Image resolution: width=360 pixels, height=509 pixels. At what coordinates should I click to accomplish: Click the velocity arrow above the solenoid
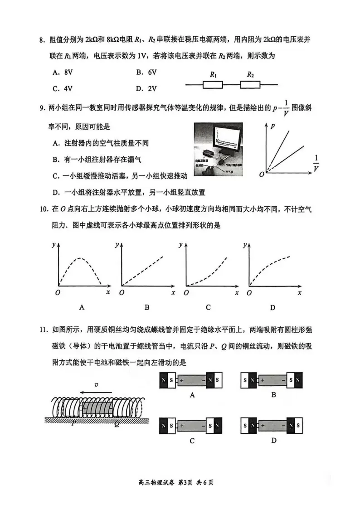[x=96, y=392]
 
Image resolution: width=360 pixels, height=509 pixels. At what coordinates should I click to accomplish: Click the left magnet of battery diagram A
[x=167, y=380]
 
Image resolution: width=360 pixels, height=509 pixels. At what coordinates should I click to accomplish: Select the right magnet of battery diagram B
[x=293, y=380]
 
